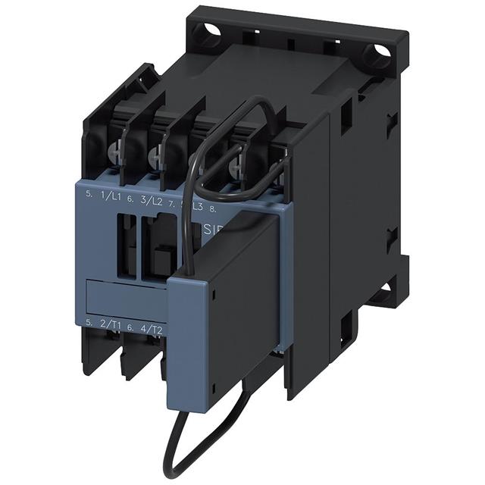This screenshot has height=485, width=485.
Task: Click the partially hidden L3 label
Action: [196, 205]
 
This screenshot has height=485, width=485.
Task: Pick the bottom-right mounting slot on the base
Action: [384, 292]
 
